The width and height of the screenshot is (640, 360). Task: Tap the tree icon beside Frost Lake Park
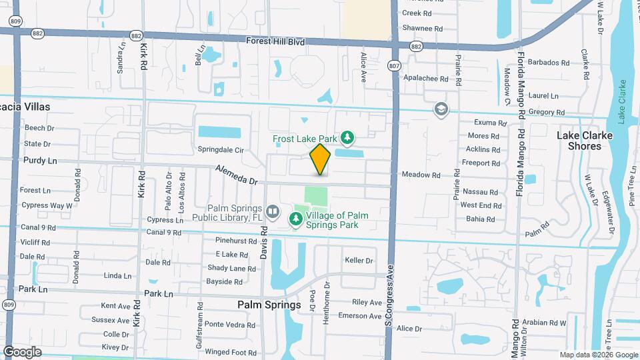click(x=347, y=138)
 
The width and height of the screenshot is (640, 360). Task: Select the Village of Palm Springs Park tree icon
click(x=296, y=219)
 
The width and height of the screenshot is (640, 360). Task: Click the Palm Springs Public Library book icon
click(x=272, y=212)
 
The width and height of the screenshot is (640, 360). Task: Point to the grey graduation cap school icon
click(x=441, y=109)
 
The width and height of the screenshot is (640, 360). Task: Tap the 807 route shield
click(x=394, y=65)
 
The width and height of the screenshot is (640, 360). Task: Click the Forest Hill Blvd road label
click(x=275, y=41)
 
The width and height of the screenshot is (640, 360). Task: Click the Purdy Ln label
click(x=40, y=160)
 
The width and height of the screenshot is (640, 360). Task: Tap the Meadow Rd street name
click(x=421, y=175)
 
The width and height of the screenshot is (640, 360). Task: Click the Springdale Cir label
click(x=220, y=149)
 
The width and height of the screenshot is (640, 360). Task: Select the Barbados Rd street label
click(x=548, y=63)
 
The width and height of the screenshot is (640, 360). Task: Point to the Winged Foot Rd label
click(x=231, y=351)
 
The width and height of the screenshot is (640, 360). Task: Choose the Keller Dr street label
click(x=359, y=260)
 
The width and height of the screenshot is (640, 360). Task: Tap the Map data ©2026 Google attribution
click(x=598, y=355)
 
